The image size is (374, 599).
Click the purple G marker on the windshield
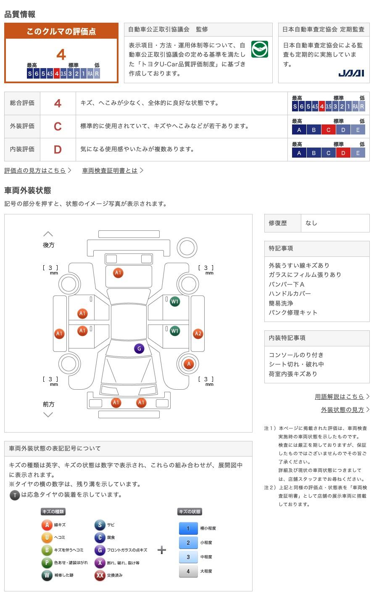click(x=139, y=348)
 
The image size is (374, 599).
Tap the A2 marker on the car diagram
click(x=198, y=333)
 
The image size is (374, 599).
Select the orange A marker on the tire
click(x=189, y=364)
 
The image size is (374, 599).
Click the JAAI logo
click(x=351, y=73)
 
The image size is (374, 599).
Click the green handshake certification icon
click(x=260, y=49)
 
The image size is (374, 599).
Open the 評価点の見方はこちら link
click(x=35, y=170)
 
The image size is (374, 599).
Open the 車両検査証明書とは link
click(x=110, y=170)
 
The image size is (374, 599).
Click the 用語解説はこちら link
click(x=339, y=396)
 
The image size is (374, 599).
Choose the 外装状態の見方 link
click(x=342, y=410)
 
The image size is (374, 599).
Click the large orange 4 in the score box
click(x=61, y=55)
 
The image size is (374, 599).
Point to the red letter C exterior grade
click(x=58, y=127)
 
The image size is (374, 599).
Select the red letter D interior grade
click(x=58, y=150)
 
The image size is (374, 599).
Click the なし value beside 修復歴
click(x=311, y=223)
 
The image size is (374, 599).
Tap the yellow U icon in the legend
click(x=47, y=537)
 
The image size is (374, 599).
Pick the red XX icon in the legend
click(x=100, y=575)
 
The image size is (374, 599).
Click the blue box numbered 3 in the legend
click(x=188, y=557)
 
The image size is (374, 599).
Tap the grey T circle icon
click(x=15, y=495)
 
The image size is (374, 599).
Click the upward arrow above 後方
click(x=48, y=234)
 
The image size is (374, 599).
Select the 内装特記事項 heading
click(x=287, y=338)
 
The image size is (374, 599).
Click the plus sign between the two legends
click(x=162, y=550)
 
